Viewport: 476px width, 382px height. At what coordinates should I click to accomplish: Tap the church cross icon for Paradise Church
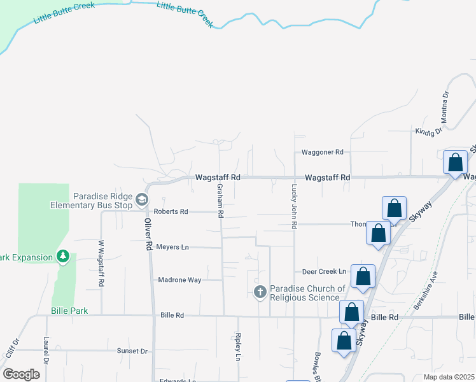pos(260,292)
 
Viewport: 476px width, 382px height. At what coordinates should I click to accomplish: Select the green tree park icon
pos(62,257)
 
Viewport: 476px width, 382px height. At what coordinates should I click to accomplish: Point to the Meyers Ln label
pos(172,246)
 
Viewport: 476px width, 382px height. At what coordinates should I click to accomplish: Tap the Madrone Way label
pos(179,279)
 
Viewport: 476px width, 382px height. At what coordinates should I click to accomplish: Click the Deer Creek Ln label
pos(324,271)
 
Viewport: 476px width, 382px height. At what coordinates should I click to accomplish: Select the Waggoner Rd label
pos(323,152)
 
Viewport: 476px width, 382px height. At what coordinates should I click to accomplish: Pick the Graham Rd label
pos(220,201)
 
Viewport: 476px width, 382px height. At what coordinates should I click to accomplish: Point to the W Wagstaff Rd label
pos(101,262)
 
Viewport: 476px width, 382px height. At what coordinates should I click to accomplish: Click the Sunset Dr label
pos(132,351)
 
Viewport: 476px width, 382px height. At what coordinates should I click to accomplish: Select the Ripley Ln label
pos(238,347)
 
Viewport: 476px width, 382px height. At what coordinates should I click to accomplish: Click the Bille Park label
pos(70,311)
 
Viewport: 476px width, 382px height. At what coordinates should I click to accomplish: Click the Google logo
pos(21,374)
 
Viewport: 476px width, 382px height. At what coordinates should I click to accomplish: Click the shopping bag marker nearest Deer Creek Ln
pos(363,276)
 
